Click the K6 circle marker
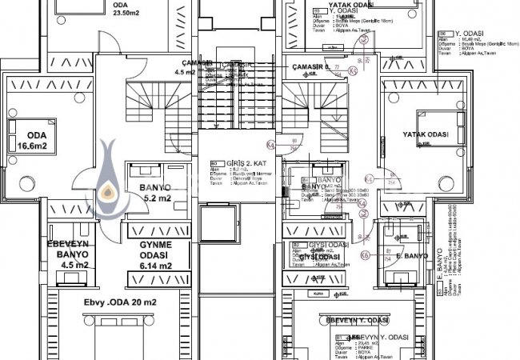coord(365,254)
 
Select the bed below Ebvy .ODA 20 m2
coord(124,336)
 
